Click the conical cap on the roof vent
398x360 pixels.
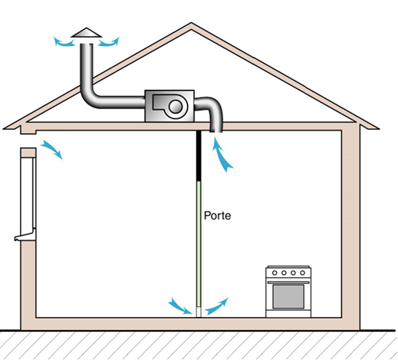(x=87, y=33)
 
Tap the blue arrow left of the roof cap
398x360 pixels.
(x=64, y=42)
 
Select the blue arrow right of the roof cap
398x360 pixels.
(x=110, y=42)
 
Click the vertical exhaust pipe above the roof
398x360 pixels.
(x=87, y=67)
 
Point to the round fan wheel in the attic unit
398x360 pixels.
(x=176, y=107)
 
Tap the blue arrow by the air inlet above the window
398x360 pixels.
(x=52, y=150)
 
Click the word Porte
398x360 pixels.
(x=217, y=216)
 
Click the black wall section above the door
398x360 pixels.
(x=199, y=156)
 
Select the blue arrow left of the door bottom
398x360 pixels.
(x=181, y=306)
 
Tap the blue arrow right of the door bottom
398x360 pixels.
(x=217, y=306)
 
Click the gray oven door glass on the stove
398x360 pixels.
(x=288, y=296)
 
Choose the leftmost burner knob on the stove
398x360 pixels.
(x=275, y=273)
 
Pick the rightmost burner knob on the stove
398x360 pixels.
(x=302, y=273)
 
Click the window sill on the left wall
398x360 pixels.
(x=25, y=236)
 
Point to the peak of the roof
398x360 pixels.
(x=191, y=23)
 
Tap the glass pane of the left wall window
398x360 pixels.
(x=28, y=193)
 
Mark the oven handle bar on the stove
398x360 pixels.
(x=288, y=282)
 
